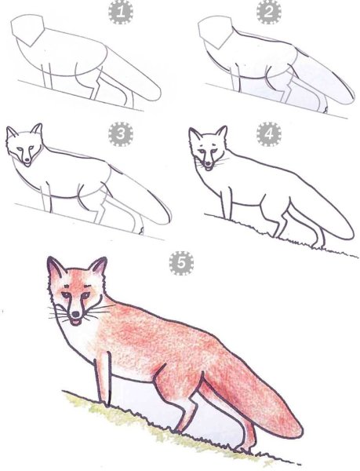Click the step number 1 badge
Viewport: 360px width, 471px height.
tap(121, 13)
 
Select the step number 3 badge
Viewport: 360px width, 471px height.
tap(120, 135)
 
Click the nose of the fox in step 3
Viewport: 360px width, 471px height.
tap(28, 161)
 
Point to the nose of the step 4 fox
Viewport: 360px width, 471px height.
tap(207, 162)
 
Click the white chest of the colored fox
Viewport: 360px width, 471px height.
tap(82, 345)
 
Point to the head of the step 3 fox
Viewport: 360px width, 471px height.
tap(26, 145)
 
